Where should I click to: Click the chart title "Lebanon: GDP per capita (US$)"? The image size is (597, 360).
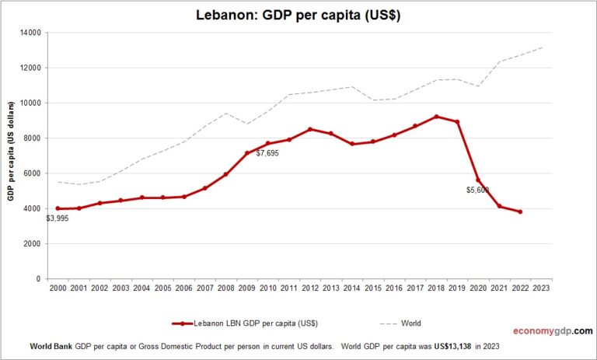tap(298, 16)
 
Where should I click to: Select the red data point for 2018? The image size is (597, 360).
tap(436, 117)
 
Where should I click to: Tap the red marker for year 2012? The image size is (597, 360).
tap(310, 129)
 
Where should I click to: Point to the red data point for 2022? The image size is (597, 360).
tap(520, 211)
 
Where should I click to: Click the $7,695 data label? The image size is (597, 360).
tap(266, 153)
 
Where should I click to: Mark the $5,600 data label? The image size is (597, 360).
tap(477, 190)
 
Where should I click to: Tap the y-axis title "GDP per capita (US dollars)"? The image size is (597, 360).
tap(12, 155)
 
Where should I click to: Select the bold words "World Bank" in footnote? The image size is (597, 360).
tap(51, 345)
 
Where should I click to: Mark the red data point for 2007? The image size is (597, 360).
tap(205, 188)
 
